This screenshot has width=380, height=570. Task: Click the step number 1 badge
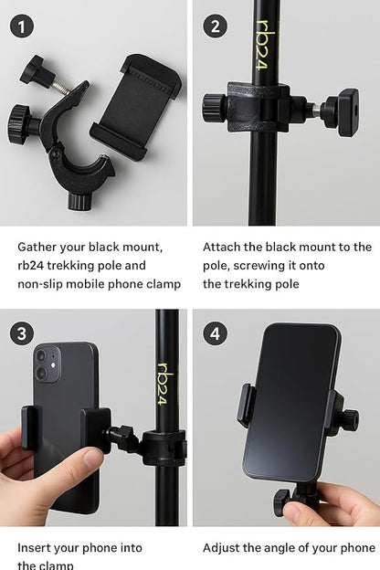click(21, 26)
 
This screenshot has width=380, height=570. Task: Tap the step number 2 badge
click(214, 26)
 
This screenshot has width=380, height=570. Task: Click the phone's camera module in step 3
click(46, 364)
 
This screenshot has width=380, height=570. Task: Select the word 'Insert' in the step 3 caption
click(37, 548)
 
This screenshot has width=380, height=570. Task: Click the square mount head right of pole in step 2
click(347, 111)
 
